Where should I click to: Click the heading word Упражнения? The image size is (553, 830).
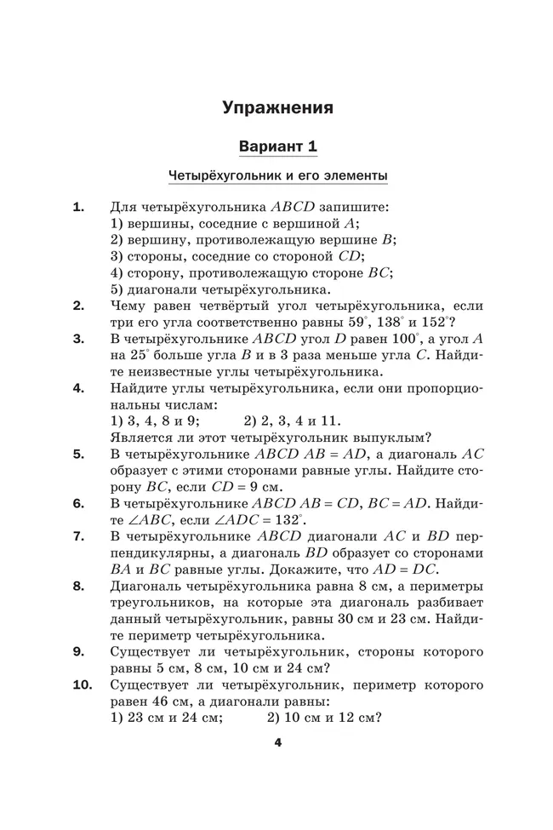(277, 108)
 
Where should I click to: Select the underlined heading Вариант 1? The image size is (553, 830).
(278, 146)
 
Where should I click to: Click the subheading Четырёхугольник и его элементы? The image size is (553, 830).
(278, 176)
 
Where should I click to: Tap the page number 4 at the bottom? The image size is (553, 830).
(277, 742)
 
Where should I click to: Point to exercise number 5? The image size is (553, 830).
(78, 454)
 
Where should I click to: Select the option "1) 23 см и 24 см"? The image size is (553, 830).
(167, 718)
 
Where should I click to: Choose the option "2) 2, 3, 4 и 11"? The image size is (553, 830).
(292, 421)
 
